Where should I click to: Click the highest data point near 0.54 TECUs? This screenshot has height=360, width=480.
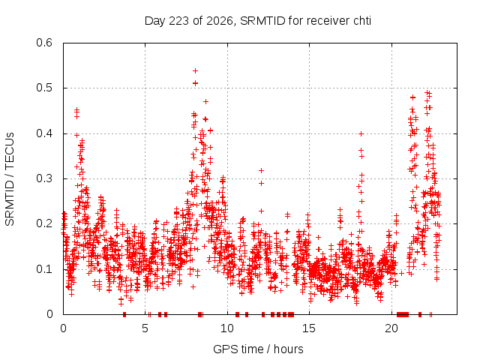195,71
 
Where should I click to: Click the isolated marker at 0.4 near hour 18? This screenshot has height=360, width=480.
361,133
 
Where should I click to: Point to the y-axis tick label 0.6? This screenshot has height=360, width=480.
44,43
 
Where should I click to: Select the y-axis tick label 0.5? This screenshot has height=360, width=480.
44,88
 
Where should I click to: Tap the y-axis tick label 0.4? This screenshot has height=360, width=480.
44,133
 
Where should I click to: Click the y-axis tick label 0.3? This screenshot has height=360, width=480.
44,178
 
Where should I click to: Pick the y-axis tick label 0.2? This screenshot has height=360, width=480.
44,223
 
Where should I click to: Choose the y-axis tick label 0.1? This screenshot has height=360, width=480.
44,269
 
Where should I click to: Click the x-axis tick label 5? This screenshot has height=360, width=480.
145,328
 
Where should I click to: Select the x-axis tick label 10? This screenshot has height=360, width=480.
227,328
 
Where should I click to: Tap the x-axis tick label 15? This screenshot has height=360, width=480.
309,328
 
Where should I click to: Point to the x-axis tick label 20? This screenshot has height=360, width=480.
391,328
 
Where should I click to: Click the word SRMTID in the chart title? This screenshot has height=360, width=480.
262,21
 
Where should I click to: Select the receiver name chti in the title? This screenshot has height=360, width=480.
362,21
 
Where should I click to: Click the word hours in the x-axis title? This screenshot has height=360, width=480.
288,349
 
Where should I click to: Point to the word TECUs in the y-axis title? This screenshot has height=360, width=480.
10,150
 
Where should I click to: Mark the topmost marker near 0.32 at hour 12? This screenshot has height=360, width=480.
261,170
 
